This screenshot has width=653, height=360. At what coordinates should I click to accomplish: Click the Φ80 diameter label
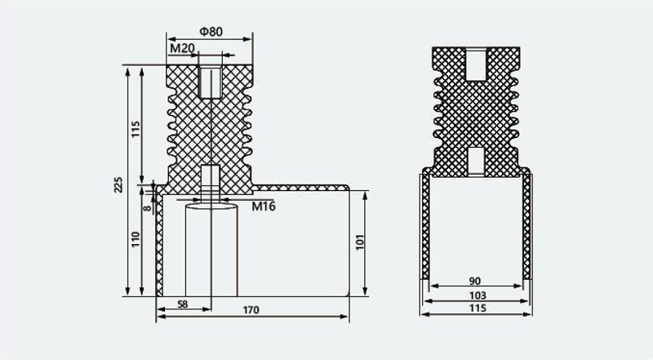[x=211, y=32]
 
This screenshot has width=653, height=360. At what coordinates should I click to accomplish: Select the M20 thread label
[x=182, y=49]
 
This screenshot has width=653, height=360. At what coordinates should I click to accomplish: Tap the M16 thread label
[x=264, y=206]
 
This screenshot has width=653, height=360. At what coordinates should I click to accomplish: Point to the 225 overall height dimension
[x=118, y=184]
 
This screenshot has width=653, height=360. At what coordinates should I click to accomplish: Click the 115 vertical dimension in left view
[x=136, y=130]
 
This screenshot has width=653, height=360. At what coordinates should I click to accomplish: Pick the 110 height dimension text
[x=135, y=240]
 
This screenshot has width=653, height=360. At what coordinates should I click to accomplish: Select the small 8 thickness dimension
[x=148, y=207]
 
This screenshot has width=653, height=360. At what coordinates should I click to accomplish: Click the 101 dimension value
[x=360, y=242]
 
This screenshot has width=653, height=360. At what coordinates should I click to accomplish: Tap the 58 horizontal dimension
[x=182, y=304]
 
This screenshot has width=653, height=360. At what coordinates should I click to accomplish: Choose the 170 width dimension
[x=251, y=310]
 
